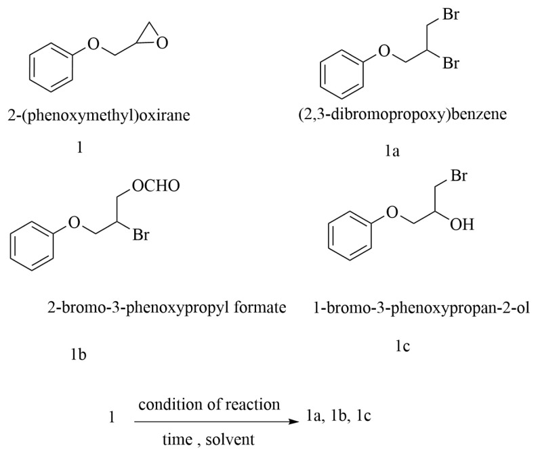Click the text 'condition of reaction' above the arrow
(209, 405)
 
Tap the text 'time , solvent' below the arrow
(207, 439)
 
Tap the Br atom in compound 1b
(141, 237)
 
